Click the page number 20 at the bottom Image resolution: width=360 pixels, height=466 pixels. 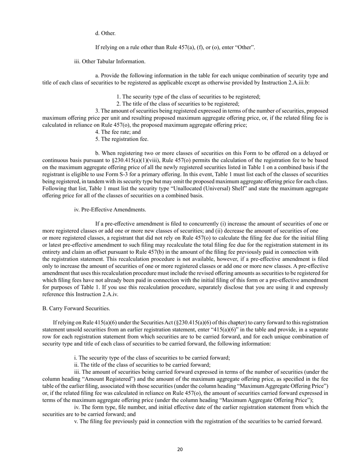coord(180,450)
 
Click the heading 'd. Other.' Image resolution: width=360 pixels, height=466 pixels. coord(105,33)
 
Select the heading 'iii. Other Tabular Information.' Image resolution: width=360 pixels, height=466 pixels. coord(110,61)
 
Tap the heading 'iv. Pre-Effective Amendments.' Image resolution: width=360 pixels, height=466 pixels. coord(110,210)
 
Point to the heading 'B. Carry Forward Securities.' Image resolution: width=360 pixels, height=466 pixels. coord(76,308)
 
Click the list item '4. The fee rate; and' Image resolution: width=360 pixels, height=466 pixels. coord(118,132)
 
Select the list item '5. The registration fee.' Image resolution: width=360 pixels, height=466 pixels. coord(122,139)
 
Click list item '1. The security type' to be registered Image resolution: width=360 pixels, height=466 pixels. coord(146,97)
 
